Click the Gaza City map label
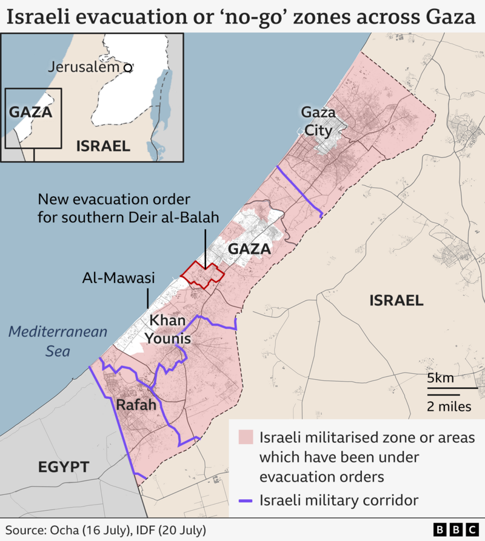(x=318, y=121)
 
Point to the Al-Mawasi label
(x=119, y=278)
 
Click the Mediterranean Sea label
(x=58, y=341)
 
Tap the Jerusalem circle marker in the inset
(x=128, y=68)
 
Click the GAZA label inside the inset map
(x=30, y=112)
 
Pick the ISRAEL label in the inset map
(x=103, y=145)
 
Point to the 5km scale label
(x=440, y=378)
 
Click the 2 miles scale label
(x=449, y=406)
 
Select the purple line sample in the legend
(x=246, y=501)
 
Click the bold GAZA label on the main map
(x=249, y=249)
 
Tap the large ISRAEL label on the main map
(x=396, y=300)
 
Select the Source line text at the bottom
(x=107, y=529)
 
